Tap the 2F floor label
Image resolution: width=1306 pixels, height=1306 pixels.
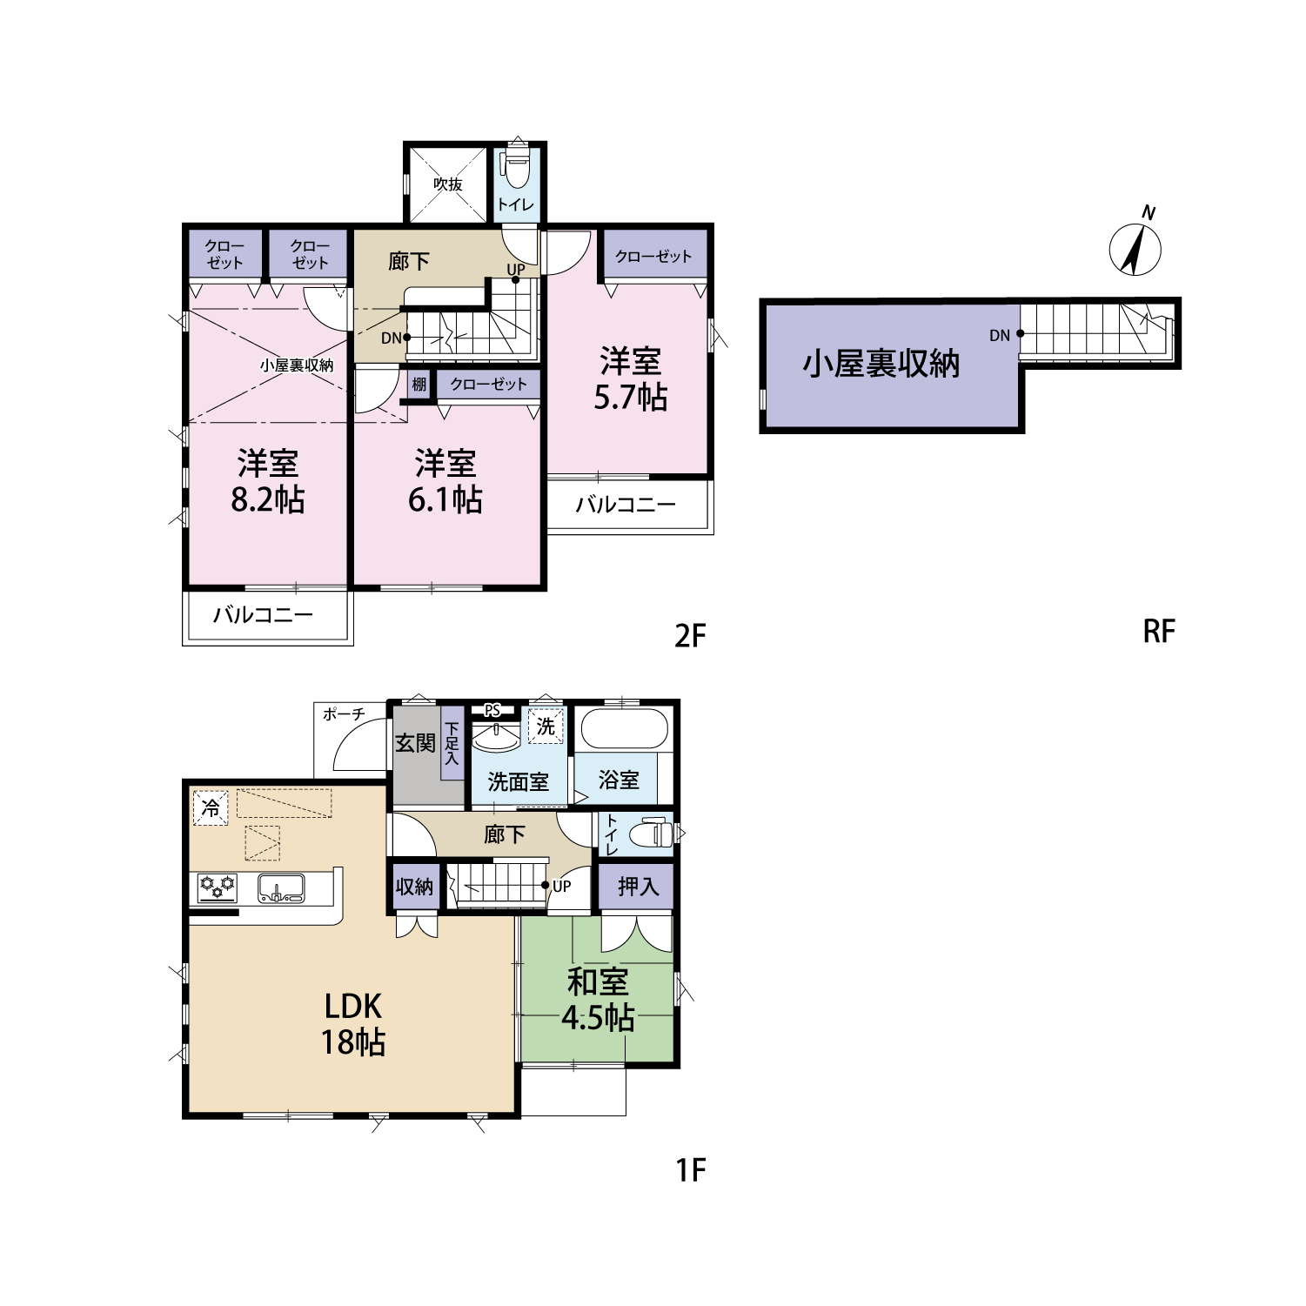(690, 636)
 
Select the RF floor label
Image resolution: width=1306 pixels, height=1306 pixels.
(1159, 631)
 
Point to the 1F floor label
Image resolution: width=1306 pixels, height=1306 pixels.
(691, 1170)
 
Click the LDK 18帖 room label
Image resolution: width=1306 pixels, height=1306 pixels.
(353, 1024)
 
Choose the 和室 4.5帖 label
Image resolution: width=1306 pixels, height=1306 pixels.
(598, 1000)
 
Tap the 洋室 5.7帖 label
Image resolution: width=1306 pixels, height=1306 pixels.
(631, 378)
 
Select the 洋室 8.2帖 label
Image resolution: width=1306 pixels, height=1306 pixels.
(268, 481)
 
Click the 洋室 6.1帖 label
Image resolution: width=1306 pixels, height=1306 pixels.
(445, 481)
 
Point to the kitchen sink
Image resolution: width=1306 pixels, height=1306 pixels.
(281, 887)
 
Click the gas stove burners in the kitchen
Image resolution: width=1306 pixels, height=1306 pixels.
(218, 887)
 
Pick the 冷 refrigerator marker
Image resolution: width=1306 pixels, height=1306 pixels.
(211, 807)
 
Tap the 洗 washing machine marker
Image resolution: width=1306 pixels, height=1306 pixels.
(546, 726)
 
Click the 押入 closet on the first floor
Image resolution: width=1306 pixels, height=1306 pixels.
(637, 887)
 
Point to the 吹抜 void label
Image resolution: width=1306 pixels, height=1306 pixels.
(448, 184)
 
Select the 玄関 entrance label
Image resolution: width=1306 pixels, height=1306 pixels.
(415, 743)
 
